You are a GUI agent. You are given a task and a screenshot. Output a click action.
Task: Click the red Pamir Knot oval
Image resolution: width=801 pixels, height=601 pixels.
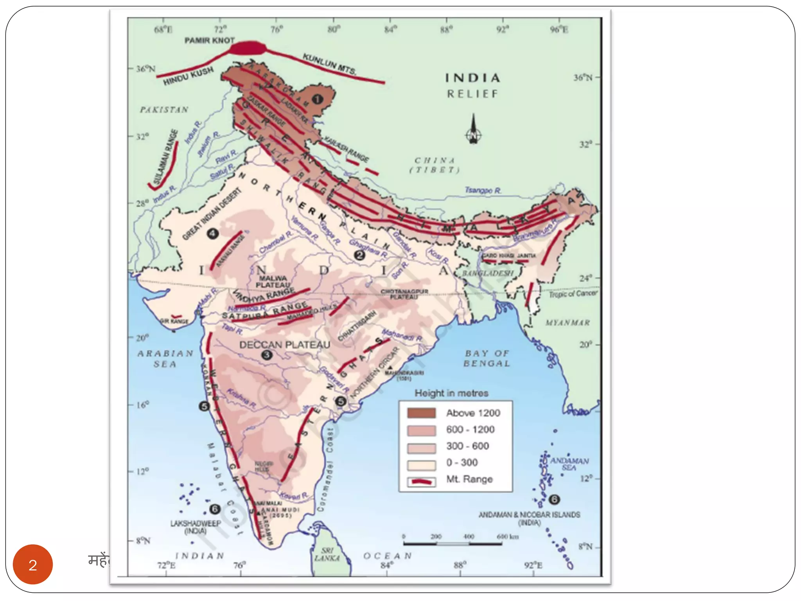click(x=248, y=49)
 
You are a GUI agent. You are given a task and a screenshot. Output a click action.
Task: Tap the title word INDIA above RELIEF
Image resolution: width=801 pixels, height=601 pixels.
click(x=473, y=78)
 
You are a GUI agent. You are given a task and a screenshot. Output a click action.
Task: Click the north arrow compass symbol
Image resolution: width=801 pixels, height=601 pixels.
click(x=473, y=130)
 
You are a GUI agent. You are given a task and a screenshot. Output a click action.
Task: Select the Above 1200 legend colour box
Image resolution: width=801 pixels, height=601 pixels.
click(x=421, y=413)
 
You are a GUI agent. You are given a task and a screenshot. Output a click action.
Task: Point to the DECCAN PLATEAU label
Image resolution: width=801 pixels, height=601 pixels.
click(x=285, y=345)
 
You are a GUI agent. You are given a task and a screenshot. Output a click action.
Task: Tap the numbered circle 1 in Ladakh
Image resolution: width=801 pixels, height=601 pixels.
click(x=317, y=99)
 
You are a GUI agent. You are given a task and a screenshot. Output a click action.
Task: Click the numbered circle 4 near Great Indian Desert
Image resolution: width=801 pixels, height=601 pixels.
click(x=212, y=234)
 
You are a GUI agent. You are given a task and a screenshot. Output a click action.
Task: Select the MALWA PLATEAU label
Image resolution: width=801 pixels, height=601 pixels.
click(x=273, y=281)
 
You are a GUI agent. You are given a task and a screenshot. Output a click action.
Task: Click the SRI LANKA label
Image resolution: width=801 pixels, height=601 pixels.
click(x=327, y=554)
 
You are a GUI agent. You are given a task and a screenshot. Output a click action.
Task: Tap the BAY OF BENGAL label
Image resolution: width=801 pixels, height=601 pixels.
click(x=487, y=358)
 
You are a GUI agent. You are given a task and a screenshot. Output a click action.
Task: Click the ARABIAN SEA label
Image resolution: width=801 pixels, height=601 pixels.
click(x=165, y=358)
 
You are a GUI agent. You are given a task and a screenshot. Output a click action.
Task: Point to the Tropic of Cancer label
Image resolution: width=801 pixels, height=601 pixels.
click(x=573, y=294)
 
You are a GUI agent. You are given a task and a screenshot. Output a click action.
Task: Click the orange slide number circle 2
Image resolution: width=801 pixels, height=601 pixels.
click(x=33, y=564)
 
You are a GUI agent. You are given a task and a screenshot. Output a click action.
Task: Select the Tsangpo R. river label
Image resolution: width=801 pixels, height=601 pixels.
click(x=483, y=191)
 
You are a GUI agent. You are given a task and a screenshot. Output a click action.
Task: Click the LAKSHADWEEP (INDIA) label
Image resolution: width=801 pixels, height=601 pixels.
click(x=196, y=527)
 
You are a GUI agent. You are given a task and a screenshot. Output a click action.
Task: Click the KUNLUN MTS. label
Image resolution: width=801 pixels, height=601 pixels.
click(x=329, y=64)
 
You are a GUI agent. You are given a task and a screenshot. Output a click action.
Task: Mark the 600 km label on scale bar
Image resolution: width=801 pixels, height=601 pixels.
click(x=507, y=536)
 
